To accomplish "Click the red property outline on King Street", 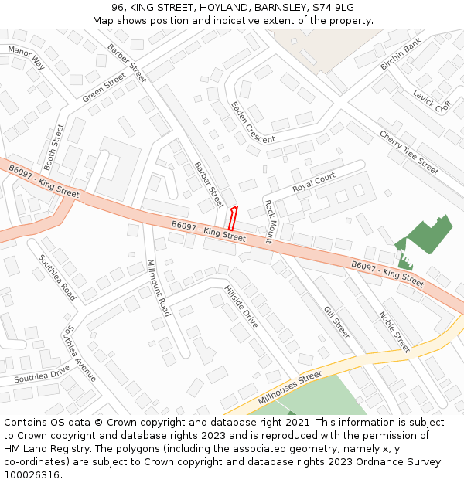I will click(x=232, y=218).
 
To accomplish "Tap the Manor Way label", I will click(x=26, y=57).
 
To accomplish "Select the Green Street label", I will click(x=104, y=88).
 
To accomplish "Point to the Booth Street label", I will click(x=55, y=146).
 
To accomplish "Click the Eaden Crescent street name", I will click(x=252, y=123).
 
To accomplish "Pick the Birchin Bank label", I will click(x=401, y=54).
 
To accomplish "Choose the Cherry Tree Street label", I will click(x=408, y=151).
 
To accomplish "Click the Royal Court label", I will click(x=314, y=183).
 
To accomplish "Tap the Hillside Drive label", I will click(x=241, y=307).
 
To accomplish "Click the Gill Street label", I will click(x=337, y=321).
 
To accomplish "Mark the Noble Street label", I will click(x=394, y=332).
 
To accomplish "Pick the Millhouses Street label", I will click(x=290, y=386).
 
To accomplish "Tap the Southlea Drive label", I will click(x=42, y=373).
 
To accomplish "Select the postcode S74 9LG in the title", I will click(x=333, y=8).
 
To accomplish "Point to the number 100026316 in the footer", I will click(x=31, y=474).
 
